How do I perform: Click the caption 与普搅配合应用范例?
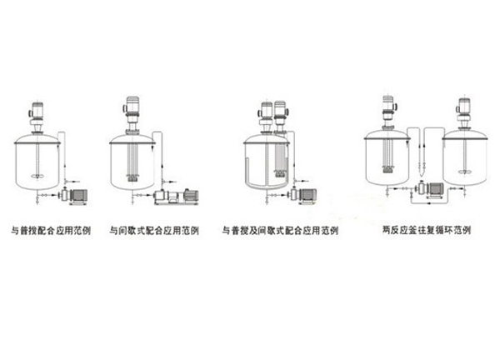[51, 230]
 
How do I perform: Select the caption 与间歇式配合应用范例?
[154, 230]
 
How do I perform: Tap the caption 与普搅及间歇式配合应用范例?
[280, 230]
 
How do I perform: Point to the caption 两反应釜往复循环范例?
[427, 230]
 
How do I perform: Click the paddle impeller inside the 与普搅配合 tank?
[38, 175]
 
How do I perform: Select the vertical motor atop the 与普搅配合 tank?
[37, 110]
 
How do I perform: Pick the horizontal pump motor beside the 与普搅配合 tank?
[79, 196]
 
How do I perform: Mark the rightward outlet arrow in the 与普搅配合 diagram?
[74, 181]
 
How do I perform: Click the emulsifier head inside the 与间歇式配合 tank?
[132, 178]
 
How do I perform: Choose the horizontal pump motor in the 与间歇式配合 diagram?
[190, 195]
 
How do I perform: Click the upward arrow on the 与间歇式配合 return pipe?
[162, 167]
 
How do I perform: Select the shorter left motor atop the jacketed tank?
[266, 111]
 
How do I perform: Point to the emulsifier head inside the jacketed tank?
[280, 173]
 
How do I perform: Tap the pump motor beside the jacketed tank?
[307, 195]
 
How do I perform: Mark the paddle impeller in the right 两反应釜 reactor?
[465, 172]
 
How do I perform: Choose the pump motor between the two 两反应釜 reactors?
[435, 188]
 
